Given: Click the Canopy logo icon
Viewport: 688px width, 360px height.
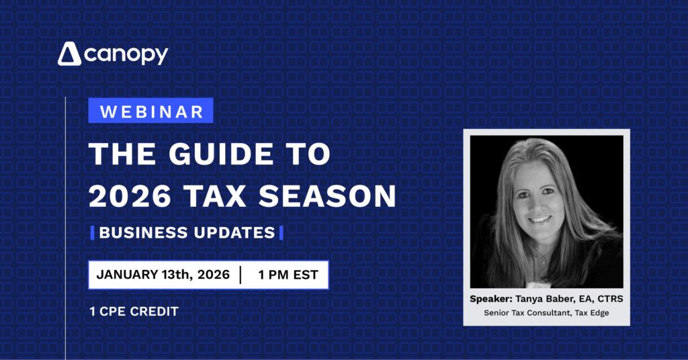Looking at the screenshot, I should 69,54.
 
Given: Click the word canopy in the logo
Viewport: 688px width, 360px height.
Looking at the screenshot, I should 126,55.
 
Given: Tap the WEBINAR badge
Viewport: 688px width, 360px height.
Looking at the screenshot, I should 150,111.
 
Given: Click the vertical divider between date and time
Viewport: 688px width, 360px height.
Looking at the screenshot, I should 240,274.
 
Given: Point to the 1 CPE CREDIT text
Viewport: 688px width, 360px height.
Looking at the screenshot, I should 134,312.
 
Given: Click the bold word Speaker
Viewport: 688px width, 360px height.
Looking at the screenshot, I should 490,299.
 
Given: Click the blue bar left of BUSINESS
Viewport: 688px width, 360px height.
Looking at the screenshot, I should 92,233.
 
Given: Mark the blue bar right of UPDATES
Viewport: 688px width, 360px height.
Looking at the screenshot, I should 281,233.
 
